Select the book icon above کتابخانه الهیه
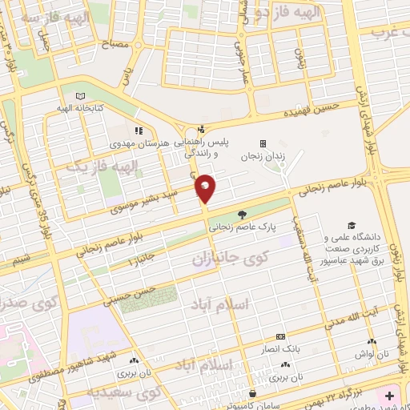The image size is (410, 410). click(79, 96)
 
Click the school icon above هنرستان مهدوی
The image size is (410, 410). click(139, 130)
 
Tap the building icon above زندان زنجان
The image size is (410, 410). click(263, 143)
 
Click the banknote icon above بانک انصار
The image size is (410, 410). click(279, 337)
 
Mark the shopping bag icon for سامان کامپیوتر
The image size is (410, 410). click(253, 393)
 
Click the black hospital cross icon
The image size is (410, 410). click(389, 396)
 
